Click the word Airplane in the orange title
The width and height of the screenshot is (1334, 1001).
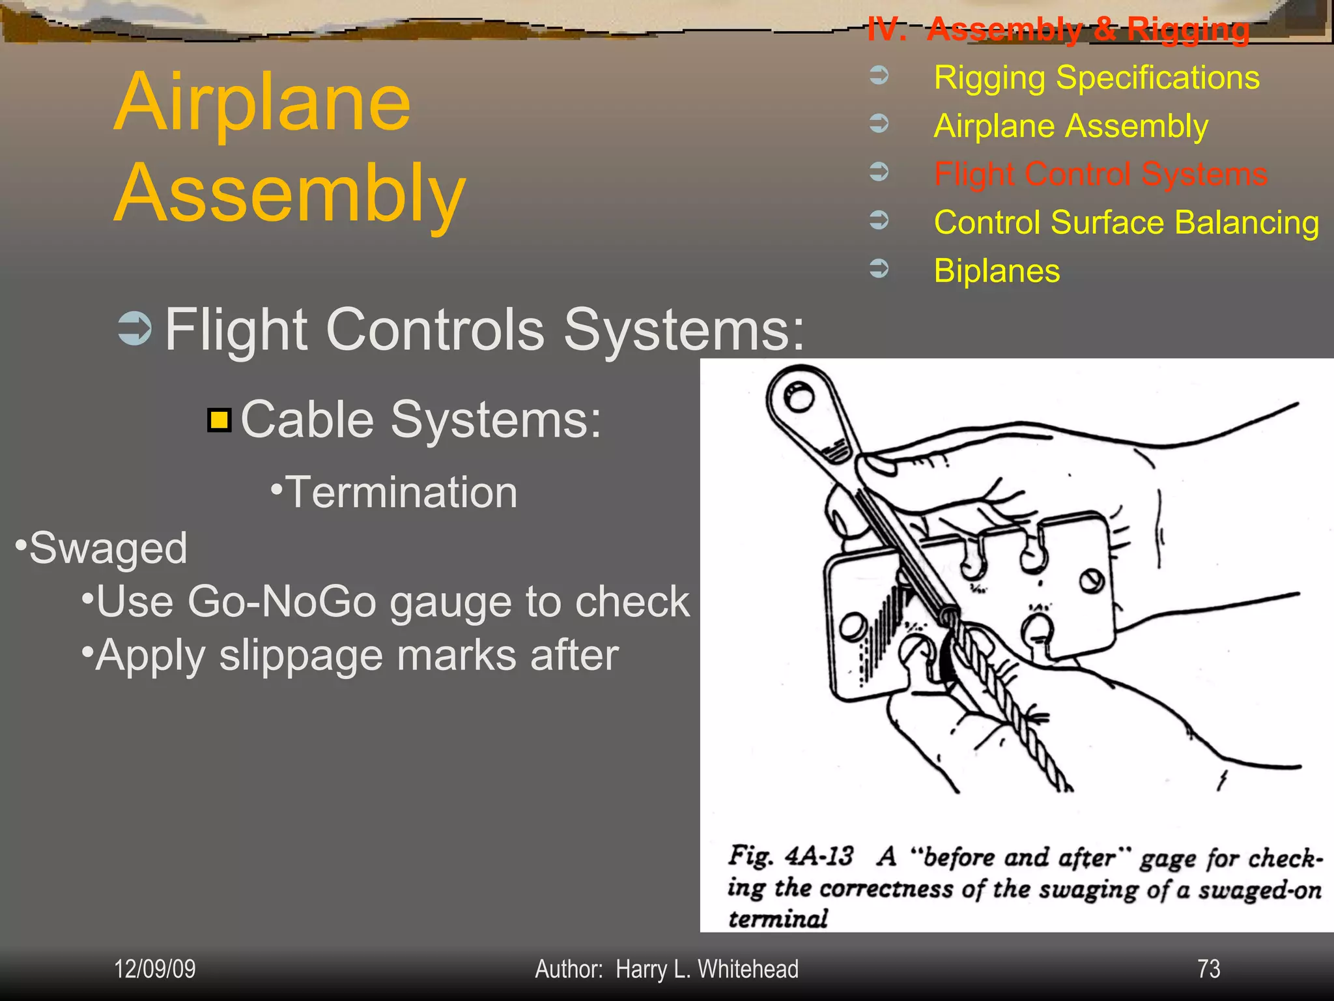point(263,103)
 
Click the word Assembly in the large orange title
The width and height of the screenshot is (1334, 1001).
point(291,194)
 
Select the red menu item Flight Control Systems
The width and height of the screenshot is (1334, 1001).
point(1100,174)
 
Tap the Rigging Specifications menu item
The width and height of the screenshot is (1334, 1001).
point(1096,78)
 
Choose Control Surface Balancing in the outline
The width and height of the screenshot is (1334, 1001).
point(1126,222)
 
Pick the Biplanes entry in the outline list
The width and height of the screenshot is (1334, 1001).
point(997,270)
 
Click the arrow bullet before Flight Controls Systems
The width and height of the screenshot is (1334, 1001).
point(135,328)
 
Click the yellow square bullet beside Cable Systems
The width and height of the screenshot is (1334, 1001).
point(220,420)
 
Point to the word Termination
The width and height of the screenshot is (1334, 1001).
point(401,492)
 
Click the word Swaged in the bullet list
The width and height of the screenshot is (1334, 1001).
point(108,548)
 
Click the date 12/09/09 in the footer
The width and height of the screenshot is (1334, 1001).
point(155,969)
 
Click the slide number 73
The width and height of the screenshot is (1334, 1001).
point(1208,969)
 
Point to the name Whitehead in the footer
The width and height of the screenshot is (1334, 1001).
point(748,969)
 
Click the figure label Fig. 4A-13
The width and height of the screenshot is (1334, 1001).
point(790,856)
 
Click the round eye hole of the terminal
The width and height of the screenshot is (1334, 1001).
point(798,396)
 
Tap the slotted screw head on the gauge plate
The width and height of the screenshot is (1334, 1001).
point(1091,580)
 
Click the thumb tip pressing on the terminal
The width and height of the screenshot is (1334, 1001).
point(876,464)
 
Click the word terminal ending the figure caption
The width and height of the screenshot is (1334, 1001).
point(778,919)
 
